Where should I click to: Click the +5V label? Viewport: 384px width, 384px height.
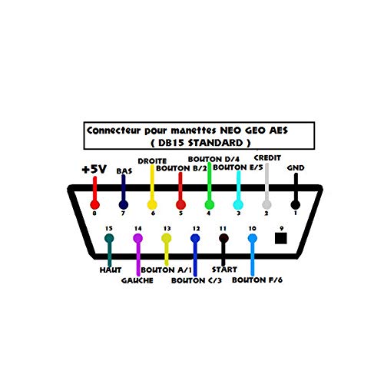coord(94,169)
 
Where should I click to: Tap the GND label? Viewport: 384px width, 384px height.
coord(296,168)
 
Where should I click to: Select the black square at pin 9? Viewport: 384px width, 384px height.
coord(281,238)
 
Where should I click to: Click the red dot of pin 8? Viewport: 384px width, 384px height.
coord(94,205)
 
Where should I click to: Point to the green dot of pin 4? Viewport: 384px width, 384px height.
coord(209,205)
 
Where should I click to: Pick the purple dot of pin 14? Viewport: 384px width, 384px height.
coord(138,238)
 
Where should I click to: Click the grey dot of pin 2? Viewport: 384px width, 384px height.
coord(266,205)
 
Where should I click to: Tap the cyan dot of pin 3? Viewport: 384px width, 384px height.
coord(238,205)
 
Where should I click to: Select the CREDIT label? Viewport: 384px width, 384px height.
coord(267,158)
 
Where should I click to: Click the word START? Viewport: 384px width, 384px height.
coord(224,270)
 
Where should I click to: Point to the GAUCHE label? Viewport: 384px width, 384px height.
coord(137,280)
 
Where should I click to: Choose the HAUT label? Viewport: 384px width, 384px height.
coord(111,270)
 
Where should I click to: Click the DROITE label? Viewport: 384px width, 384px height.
coord(152,161)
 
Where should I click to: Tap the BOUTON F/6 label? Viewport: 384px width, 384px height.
coord(257,280)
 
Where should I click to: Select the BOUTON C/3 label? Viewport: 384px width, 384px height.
coord(197,280)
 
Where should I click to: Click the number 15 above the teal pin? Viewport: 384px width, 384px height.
coord(109,228)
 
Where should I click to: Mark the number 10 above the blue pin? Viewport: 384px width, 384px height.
coord(252,228)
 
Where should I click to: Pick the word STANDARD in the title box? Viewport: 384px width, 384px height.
coord(216,143)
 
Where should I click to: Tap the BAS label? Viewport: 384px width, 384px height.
coord(124,170)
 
